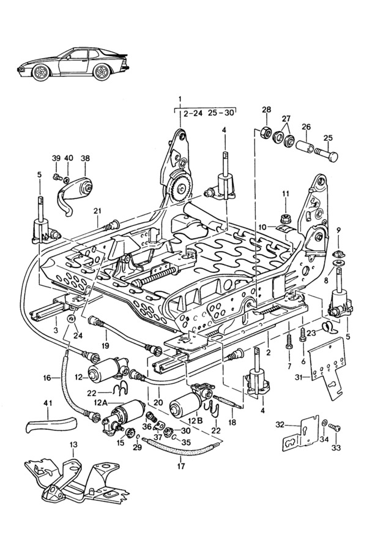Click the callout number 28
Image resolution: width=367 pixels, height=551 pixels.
(267, 110)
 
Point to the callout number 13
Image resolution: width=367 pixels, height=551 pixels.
(74, 444)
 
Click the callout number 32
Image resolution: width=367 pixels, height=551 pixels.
(280, 424)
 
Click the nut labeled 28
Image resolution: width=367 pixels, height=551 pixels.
(266, 132)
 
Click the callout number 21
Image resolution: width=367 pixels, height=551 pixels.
(97, 211)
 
